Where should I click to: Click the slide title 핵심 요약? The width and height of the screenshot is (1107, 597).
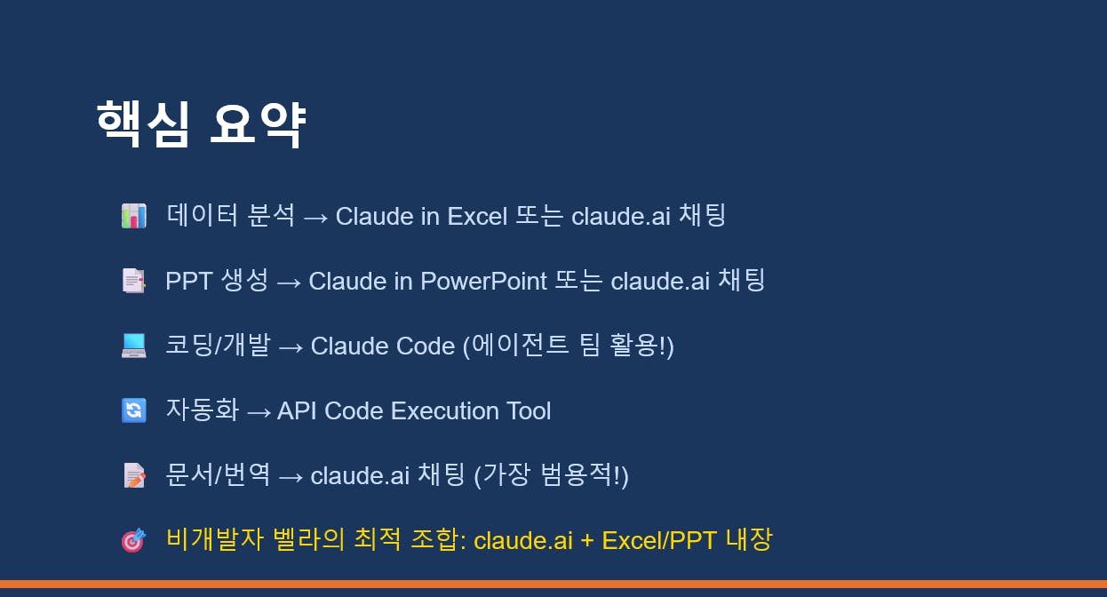(201, 123)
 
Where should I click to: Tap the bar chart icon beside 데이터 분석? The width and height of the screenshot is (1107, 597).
(134, 216)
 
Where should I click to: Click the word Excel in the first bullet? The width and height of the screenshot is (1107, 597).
(477, 216)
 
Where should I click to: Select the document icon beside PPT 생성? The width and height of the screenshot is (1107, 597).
(134, 281)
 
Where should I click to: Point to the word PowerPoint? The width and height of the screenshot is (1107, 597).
(484, 281)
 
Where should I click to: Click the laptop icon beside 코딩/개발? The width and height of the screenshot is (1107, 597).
(134, 346)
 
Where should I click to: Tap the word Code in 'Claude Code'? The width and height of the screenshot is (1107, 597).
(426, 346)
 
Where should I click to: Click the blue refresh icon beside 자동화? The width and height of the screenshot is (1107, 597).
(134, 410)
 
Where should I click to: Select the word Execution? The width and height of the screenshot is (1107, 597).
(445, 410)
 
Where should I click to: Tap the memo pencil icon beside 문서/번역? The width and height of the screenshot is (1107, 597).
(134, 475)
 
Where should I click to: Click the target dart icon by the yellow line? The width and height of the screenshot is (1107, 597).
(134, 539)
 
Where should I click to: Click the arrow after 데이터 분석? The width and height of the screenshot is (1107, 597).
(315, 218)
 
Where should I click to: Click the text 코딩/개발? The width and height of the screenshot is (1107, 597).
(218, 345)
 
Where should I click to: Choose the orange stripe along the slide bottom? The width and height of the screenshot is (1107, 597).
(553, 584)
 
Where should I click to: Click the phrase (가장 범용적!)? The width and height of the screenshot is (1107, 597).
(551, 475)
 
